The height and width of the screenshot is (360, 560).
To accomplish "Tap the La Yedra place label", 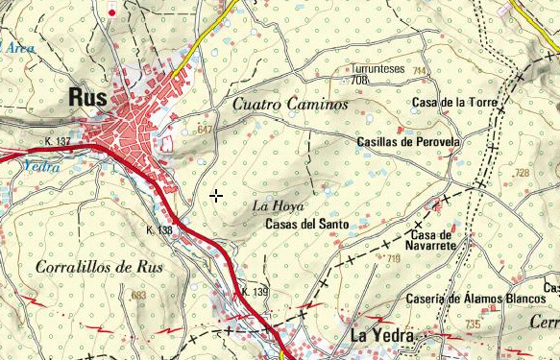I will (381, 336).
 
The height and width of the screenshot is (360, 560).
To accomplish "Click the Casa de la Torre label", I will (451, 102).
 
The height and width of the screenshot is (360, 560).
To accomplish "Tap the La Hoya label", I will (278, 206).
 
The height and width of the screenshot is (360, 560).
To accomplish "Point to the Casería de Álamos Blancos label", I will (475, 299).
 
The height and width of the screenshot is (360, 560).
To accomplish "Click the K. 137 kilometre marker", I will (58, 142).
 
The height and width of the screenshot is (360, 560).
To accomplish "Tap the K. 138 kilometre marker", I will (158, 230).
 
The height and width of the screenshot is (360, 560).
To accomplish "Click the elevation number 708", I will (359, 81).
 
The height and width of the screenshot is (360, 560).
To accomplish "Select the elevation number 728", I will (522, 173).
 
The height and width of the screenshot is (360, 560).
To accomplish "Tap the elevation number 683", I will (138, 296).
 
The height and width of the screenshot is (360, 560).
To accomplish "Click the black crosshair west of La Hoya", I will (216, 195).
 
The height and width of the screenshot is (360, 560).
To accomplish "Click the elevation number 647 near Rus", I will (204, 129).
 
